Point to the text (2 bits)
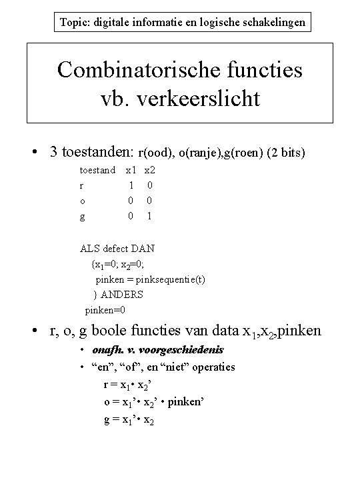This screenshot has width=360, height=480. pyautogui.click(x=286, y=153)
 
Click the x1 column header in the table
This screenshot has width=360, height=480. pyautogui.click(x=131, y=171)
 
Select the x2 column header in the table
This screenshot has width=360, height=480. pyautogui.click(x=150, y=171)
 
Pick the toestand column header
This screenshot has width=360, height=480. pyautogui.click(x=97, y=171)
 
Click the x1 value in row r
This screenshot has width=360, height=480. pyautogui.click(x=131, y=185)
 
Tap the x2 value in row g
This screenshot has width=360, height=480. pyautogui.click(x=150, y=215)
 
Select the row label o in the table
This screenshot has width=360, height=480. pyautogui.click(x=82, y=201)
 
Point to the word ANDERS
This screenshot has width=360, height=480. pyautogui.click(x=122, y=294)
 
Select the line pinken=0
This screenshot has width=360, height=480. pyautogui.click(x=105, y=310)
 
